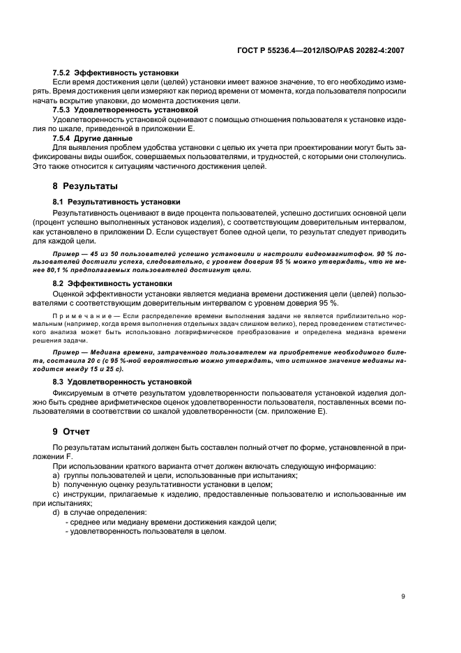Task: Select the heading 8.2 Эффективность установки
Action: pos(112,284)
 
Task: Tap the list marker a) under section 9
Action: pos(56,475)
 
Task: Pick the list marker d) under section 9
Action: pos(56,513)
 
